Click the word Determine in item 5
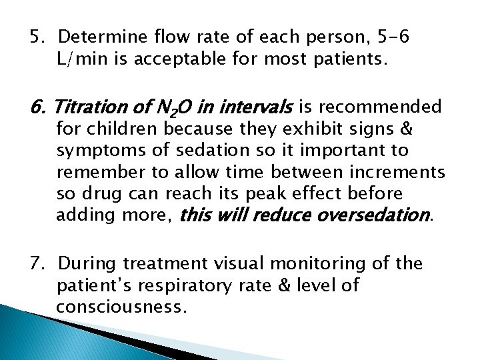click(x=100, y=37)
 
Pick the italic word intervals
click(x=259, y=107)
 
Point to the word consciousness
click(x=119, y=308)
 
